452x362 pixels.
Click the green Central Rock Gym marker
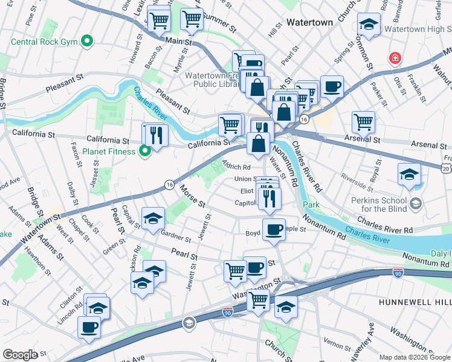(88, 42)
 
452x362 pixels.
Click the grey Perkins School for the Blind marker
(415, 205)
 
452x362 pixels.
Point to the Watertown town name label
(309, 22)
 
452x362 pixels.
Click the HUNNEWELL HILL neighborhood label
(415, 301)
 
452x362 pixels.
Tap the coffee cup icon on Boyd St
(274, 230)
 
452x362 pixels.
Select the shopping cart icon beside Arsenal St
(363, 122)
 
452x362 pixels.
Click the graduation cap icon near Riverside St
(409, 174)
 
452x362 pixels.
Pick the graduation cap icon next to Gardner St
(153, 218)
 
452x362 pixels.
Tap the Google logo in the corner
(20, 355)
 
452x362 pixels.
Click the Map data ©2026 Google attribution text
(414, 357)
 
